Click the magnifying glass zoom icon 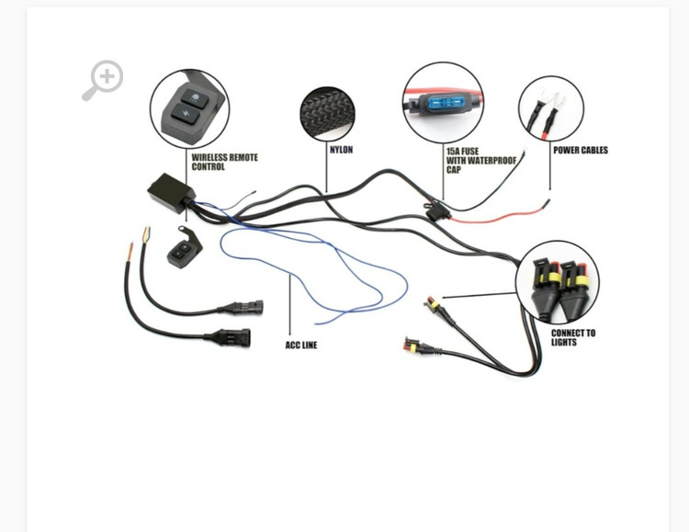point(103,80)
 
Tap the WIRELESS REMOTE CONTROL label point(224,162)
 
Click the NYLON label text point(341,150)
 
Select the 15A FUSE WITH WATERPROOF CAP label point(480,160)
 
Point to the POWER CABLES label point(580,150)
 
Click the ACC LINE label point(300,345)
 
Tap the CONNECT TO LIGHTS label point(572,337)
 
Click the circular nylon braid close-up point(327,114)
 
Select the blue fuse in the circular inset point(445,103)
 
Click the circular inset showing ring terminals point(550,108)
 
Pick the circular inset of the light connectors point(557,281)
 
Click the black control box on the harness point(171,191)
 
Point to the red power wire point(496,217)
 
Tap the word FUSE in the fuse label point(470,151)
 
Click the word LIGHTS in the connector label point(564,342)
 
